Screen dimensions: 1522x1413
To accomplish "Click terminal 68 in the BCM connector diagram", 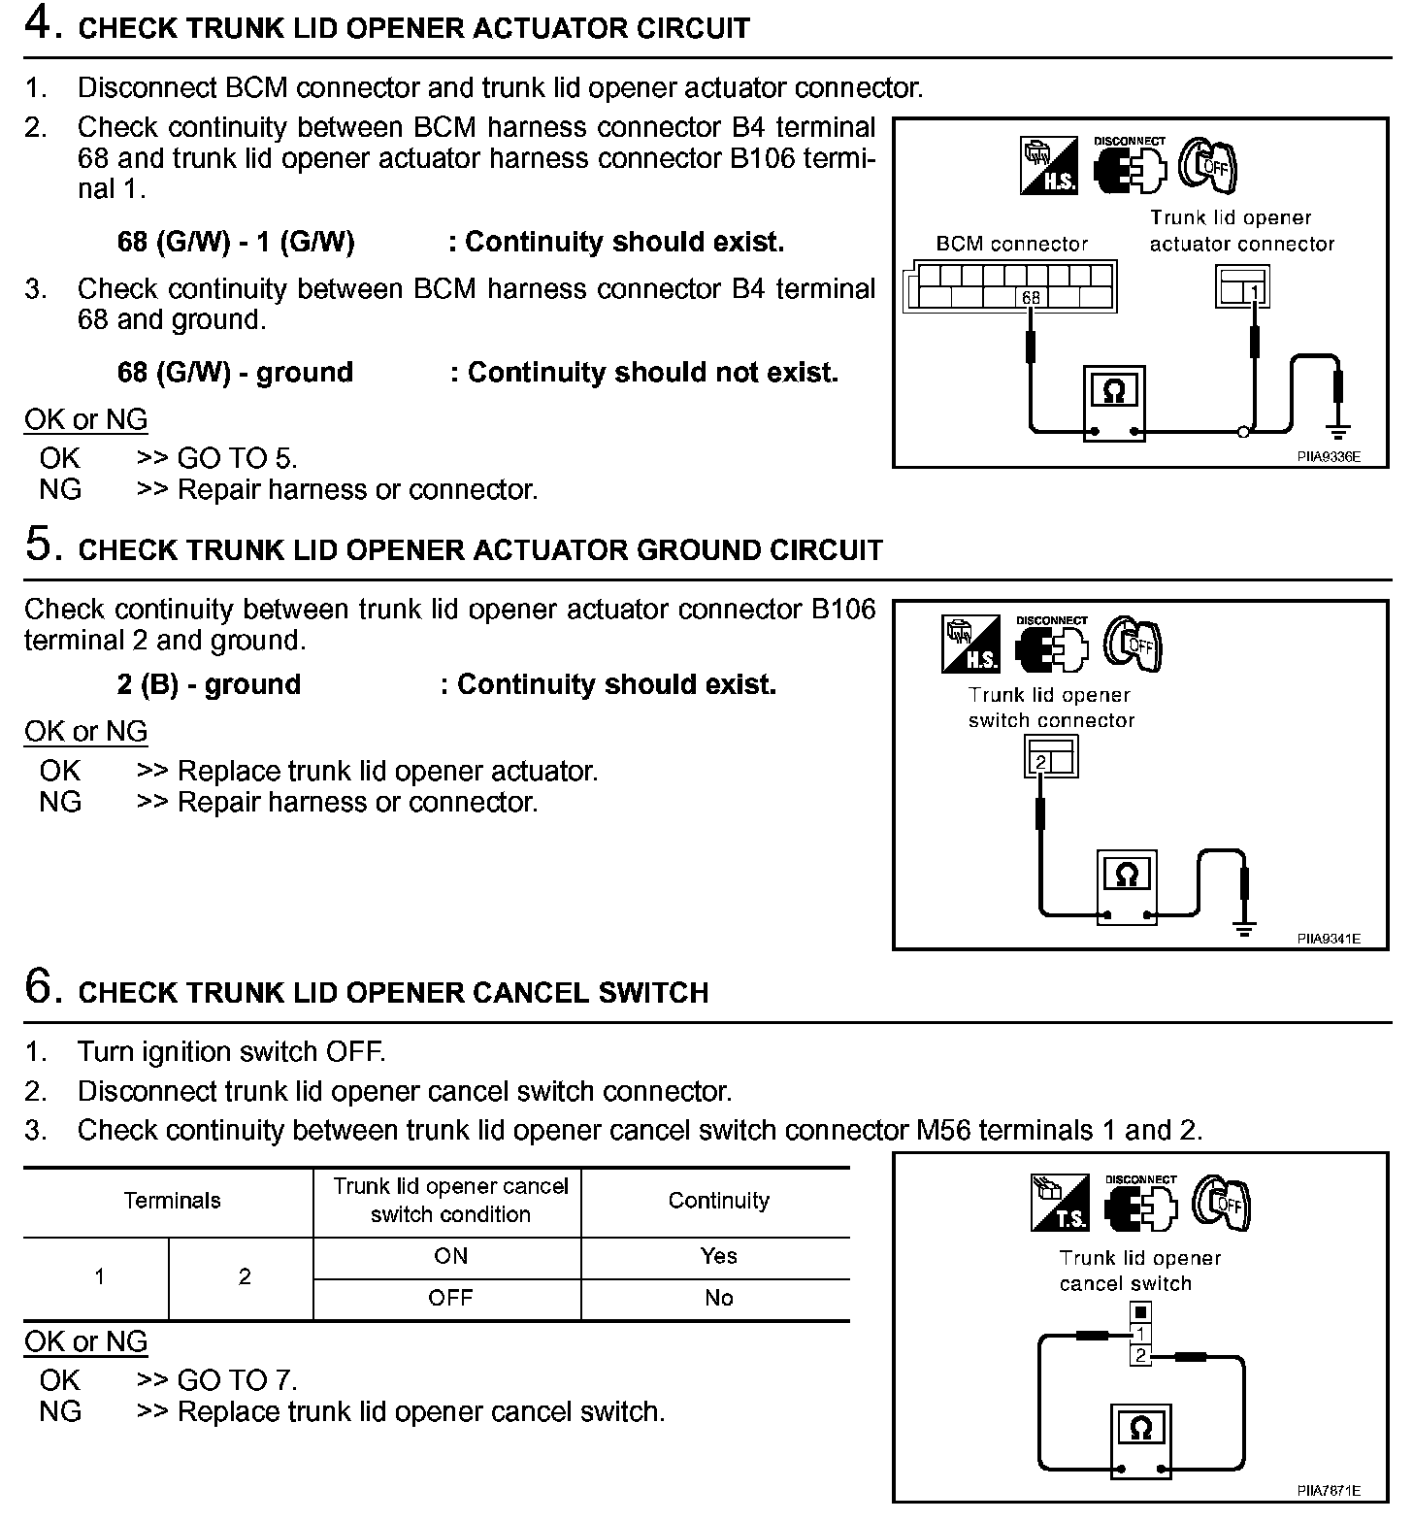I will pos(1030,298).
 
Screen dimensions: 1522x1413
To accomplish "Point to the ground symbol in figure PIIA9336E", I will pos(1340,430).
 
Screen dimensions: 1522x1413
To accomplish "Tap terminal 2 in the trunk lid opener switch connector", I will pos(1040,762).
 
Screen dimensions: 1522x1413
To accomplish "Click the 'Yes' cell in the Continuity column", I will pos(718,1256).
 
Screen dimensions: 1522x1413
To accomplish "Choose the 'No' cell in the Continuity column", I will pos(718,1298).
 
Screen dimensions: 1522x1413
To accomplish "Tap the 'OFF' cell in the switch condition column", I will pos(450,1298).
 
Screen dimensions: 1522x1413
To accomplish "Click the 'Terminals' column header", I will pos(172,1201).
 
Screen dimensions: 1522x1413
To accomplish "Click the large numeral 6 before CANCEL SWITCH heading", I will pos(43,987).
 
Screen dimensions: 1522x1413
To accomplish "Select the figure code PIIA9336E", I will pos(1328,456).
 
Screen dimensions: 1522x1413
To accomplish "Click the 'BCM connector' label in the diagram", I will pos(1011,244).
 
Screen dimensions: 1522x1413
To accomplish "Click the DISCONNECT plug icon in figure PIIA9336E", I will pos(1130,165).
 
